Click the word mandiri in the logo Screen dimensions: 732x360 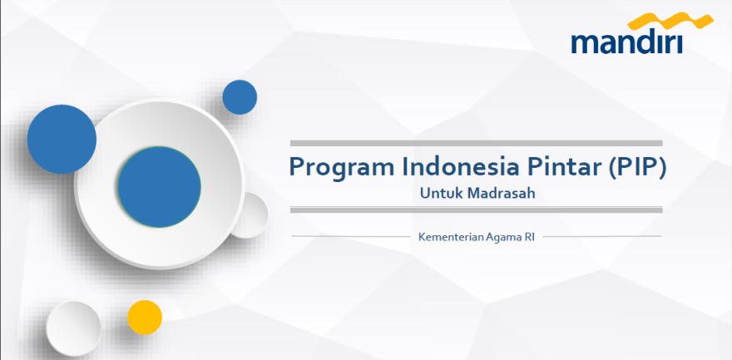[x=627, y=42]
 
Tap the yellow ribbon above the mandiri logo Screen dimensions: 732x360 [x=670, y=22]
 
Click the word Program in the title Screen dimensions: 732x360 [x=341, y=168]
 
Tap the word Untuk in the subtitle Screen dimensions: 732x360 [x=440, y=193]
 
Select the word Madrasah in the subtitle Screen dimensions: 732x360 [x=502, y=193]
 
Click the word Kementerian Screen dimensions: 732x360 [x=451, y=237]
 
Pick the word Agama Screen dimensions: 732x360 [x=503, y=238]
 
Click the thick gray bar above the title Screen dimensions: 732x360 [x=476, y=143]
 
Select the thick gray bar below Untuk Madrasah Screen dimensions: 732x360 [x=476, y=210]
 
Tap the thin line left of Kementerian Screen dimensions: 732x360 [x=350, y=236]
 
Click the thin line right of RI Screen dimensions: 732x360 [x=602, y=236]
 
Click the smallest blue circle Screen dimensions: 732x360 [x=240, y=97]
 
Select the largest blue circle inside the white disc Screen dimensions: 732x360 [x=159, y=187]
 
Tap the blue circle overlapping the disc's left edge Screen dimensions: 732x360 [x=62, y=139]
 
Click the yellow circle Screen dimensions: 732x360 [x=145, y=318]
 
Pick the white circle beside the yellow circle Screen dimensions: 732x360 [x=74, y=328]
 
